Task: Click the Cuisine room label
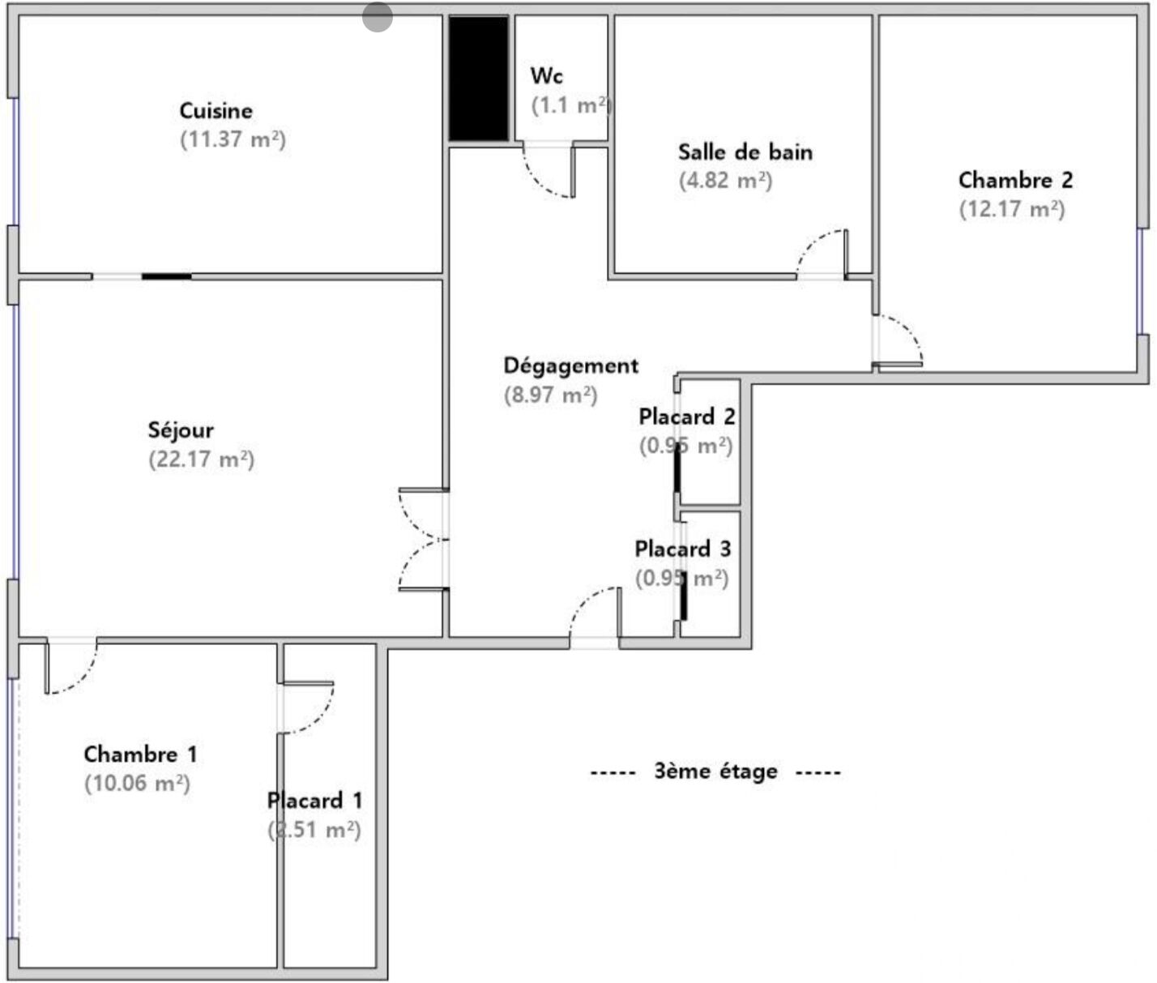pos(216,111)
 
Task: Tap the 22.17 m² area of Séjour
pos(202,459)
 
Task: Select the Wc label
pos(546,75)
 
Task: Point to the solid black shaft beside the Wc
pos(479,79)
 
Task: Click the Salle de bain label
pos(745,152)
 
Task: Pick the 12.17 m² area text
pos(1012,209)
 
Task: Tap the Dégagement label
pos(571,365)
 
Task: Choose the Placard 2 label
pos(687,417)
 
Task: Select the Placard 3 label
pos(683,549)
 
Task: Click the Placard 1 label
pos(314,801)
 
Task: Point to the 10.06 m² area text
pos(137,783)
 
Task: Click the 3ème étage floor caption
pos(716,771)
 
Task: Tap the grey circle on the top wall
pos(378,17)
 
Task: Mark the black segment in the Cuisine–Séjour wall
pos(166,276)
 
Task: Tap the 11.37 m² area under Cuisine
pos(233,139)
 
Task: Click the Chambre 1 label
pos(140,754)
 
